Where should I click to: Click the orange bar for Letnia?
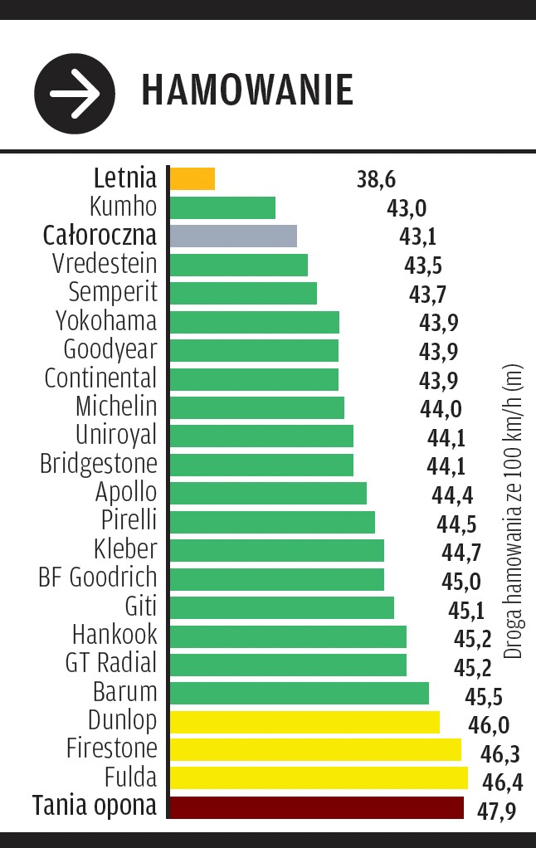pos(192,178)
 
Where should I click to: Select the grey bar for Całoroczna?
pos(232,236)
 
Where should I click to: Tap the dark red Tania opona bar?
pos(315,807)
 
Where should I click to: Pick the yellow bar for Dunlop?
pos(304,722)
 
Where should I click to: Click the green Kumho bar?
pos(222,207)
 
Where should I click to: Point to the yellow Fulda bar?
pos(318,778)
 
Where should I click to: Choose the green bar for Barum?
pos(299,693)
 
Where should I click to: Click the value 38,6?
pos(375,179)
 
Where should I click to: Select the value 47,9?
pos(496,810)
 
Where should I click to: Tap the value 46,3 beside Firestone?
pos(500,753)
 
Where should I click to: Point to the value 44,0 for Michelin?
pos(441,408)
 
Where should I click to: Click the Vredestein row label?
pos(104,264)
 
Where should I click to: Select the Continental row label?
pos(100,378)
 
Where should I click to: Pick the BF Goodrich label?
pos(97,577)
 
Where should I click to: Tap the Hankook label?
pos(114,636)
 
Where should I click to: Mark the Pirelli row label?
pos(128,520)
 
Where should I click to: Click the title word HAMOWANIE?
pos(246,89)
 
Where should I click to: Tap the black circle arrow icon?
pos(74,92)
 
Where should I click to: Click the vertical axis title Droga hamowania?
pos(514,510)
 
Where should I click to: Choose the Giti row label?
pos(140,607)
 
